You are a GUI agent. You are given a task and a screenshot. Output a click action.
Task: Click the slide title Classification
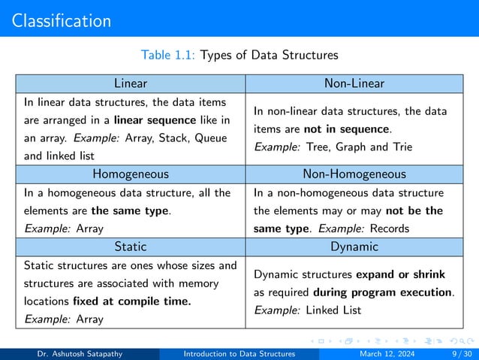pyautogui.click(x=62, y=20)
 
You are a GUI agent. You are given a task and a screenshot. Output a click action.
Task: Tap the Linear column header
pyautogui.click(x=130, y=83)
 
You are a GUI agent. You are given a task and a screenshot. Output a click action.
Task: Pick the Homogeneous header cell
pyautogui.click(x=130, y=174)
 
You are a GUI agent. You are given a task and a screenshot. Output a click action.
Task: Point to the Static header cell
pyautogui.click(x=130, y=247)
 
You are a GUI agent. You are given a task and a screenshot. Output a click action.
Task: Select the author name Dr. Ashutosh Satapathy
pyautogui.click(x=83, y=352)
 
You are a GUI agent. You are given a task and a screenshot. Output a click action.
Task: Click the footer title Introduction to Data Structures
pyautogui.click(x=239, y=352)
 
